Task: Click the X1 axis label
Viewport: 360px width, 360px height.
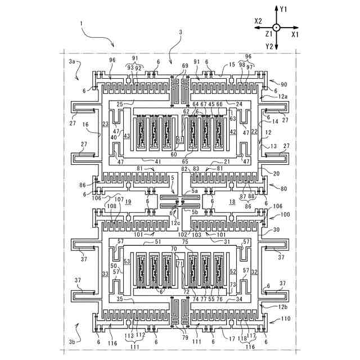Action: click(295, 34)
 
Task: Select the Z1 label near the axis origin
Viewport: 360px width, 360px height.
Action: click(269, 34)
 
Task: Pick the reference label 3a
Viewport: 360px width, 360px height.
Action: click(72, 61)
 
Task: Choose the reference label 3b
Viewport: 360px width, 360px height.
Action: click(72, 342)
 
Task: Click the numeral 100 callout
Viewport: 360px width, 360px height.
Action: click(285, 214)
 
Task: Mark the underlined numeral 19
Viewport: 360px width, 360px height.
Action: click(128, 201)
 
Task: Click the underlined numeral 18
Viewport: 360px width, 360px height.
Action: click(232, 201)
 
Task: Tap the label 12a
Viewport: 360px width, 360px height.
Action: click(282, 96)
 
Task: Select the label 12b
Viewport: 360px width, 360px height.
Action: click(282, 307)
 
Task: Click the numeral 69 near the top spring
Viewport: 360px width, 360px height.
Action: click(185, 66)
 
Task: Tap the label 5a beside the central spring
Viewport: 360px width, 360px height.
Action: click(195, 191)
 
